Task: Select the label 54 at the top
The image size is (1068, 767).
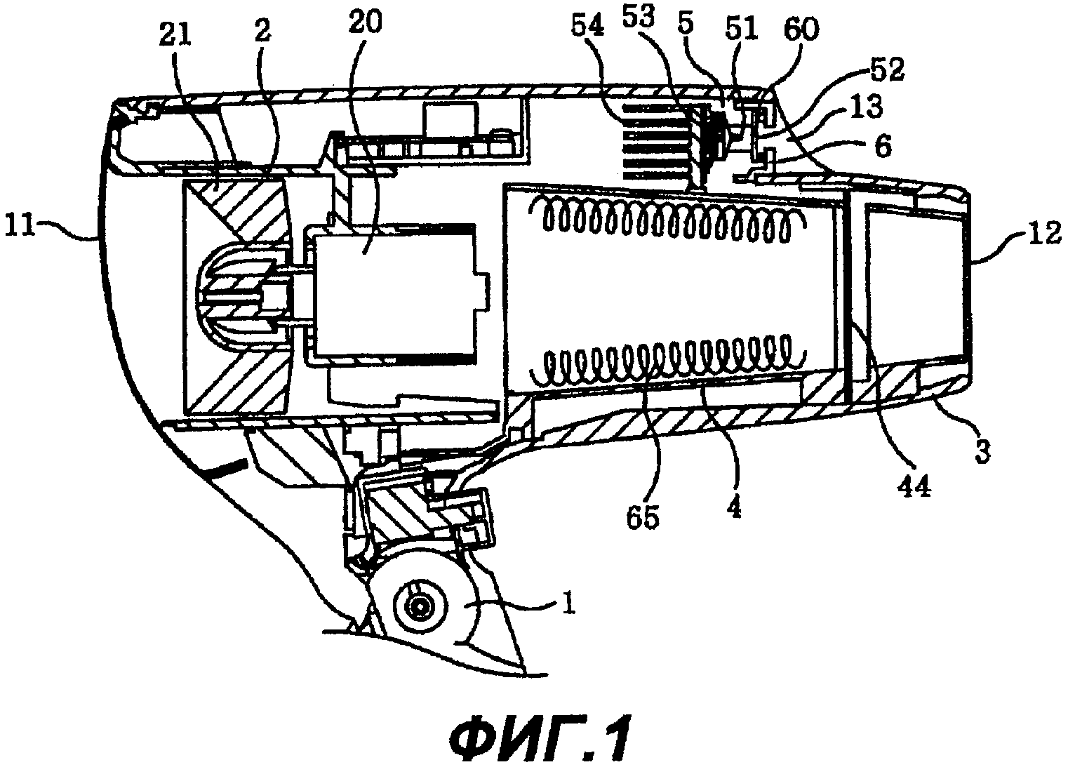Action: click(588, 27)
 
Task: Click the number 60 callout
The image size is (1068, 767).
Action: click(801, 29)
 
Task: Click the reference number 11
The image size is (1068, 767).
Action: click(20, 225)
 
